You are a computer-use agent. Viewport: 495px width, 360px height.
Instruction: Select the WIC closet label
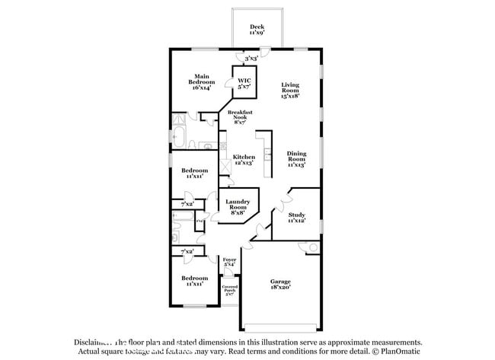244,81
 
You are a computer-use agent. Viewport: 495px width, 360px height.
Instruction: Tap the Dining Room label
296,156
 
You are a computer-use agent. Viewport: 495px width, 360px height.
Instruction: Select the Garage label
280,282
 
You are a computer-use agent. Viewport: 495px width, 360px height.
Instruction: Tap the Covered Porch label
229,289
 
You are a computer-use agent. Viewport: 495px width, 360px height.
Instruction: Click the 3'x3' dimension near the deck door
251,57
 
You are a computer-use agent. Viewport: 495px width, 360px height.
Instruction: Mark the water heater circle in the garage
312,247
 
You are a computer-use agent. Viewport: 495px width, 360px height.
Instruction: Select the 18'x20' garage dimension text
280,288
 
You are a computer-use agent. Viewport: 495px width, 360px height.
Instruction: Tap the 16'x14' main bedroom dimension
202,88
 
